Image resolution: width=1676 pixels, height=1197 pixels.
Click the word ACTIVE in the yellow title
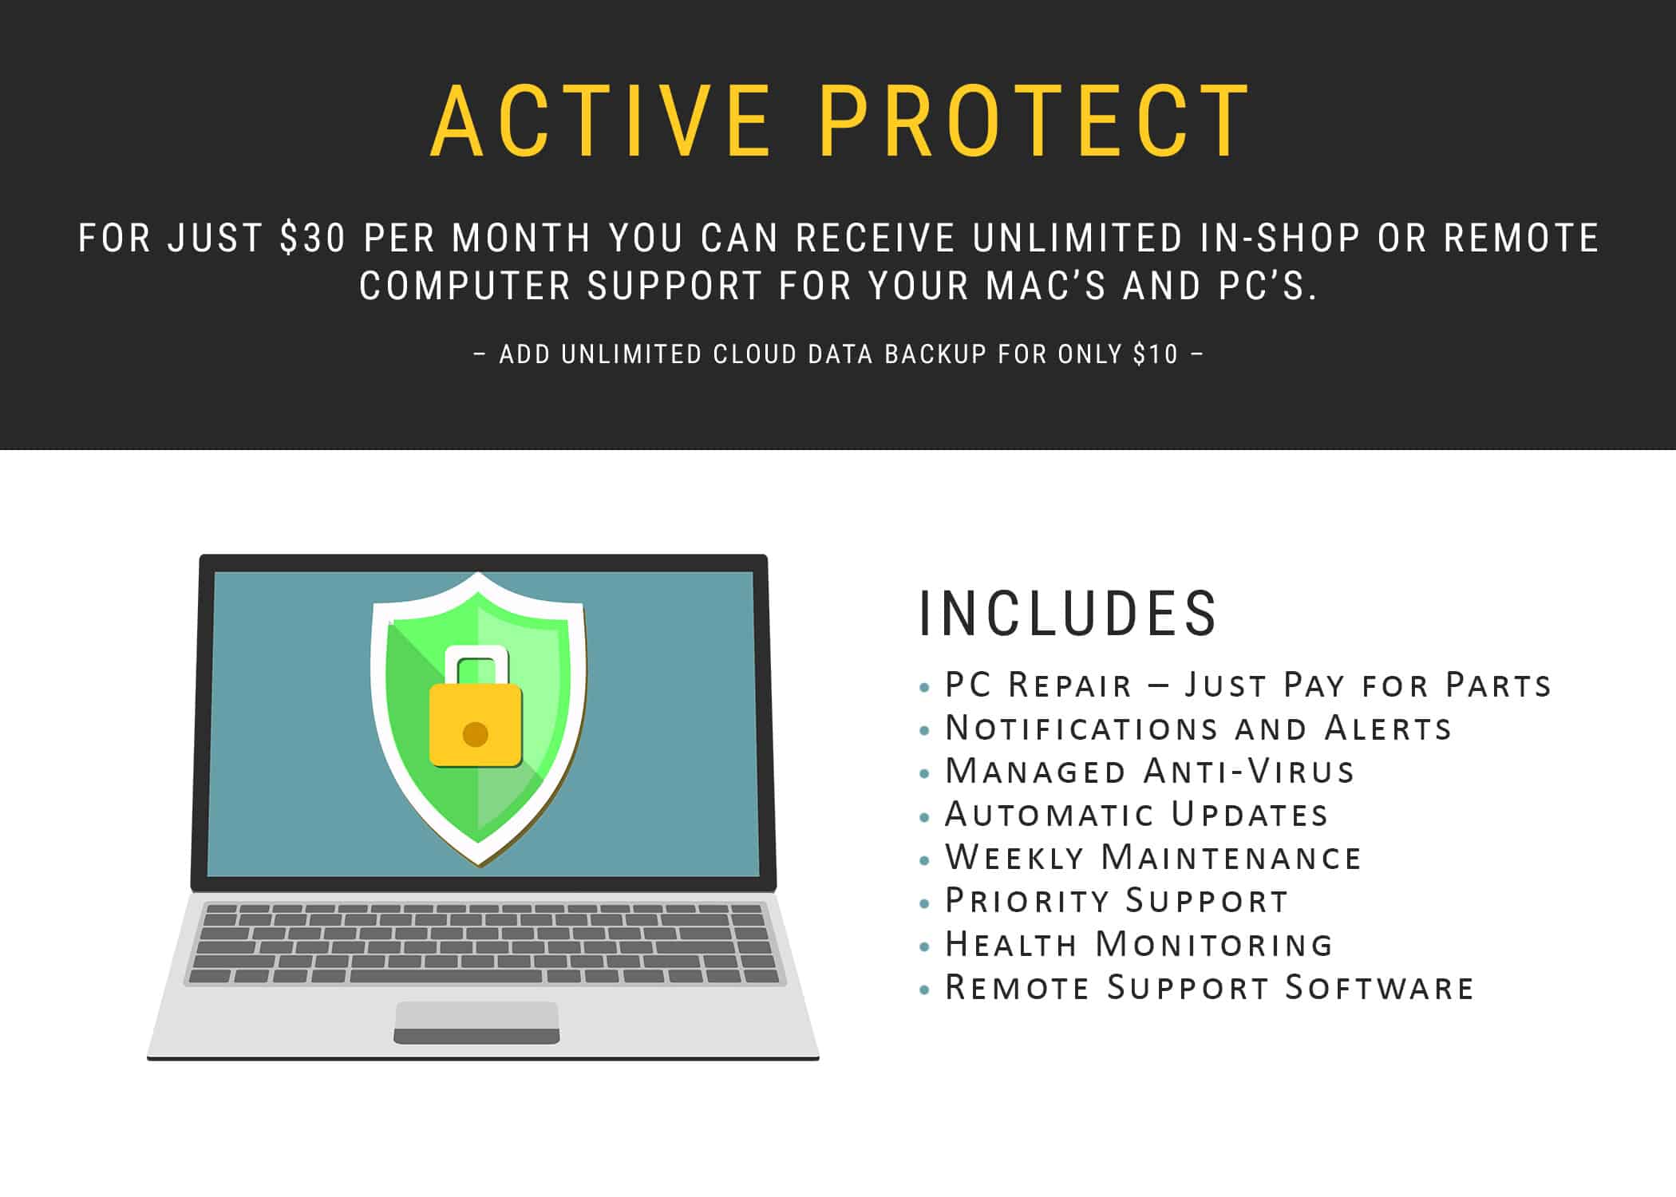pyautogui.click(x=601, y=120)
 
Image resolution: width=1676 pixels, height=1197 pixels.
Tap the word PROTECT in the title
pyautogui.click(x=1034, y=120)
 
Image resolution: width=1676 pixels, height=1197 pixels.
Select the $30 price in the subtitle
pyautogui.click(x=313, y=238)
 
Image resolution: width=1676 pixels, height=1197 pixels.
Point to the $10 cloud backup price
pyautogui.click(x=1156, y=354)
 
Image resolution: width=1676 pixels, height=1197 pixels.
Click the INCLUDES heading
pyautogui.click(x=1067, y=613)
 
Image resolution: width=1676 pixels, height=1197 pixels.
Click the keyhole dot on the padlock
pyautogui.click(x=476, y=733)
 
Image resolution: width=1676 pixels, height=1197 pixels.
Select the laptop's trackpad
pyautogui.click(x=476, y=1022)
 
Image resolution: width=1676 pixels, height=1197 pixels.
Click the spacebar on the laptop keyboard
pyautogui.click(x=445, y=975)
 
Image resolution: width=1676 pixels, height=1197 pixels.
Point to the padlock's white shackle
pyautogui.click(x=476, y=664)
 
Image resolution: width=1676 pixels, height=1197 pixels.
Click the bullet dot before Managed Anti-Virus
pyautogui.click(x=925, y=773)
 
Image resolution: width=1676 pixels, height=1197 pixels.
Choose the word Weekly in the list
pyautogui.click(x=1014, y=857)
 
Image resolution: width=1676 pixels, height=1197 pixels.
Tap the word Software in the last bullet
pyautogui.click(x=1378, y=987)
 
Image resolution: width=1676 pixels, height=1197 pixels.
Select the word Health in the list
pyautogui.click(x=1011, y=944)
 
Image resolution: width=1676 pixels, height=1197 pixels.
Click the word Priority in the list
pyautogui.click(x=1027, y=900)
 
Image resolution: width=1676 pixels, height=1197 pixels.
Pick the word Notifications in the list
pyautogui.click(x=1081, y=728)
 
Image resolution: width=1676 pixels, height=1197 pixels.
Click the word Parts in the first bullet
pyautogui.click(x=1498, y=685)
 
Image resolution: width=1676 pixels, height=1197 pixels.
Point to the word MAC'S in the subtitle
pyautogui.click(x=1046, y=286)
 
